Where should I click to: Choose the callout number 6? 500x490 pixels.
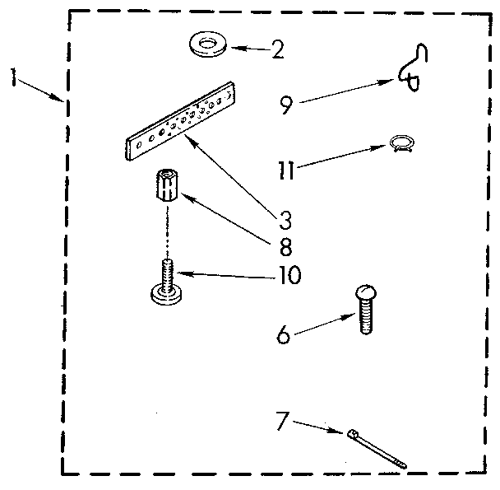282,336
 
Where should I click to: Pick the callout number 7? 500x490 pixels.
282,422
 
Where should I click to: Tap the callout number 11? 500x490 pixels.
286,172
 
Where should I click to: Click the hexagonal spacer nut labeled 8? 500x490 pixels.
165,187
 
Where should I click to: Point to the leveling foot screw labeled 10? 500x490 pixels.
165,282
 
